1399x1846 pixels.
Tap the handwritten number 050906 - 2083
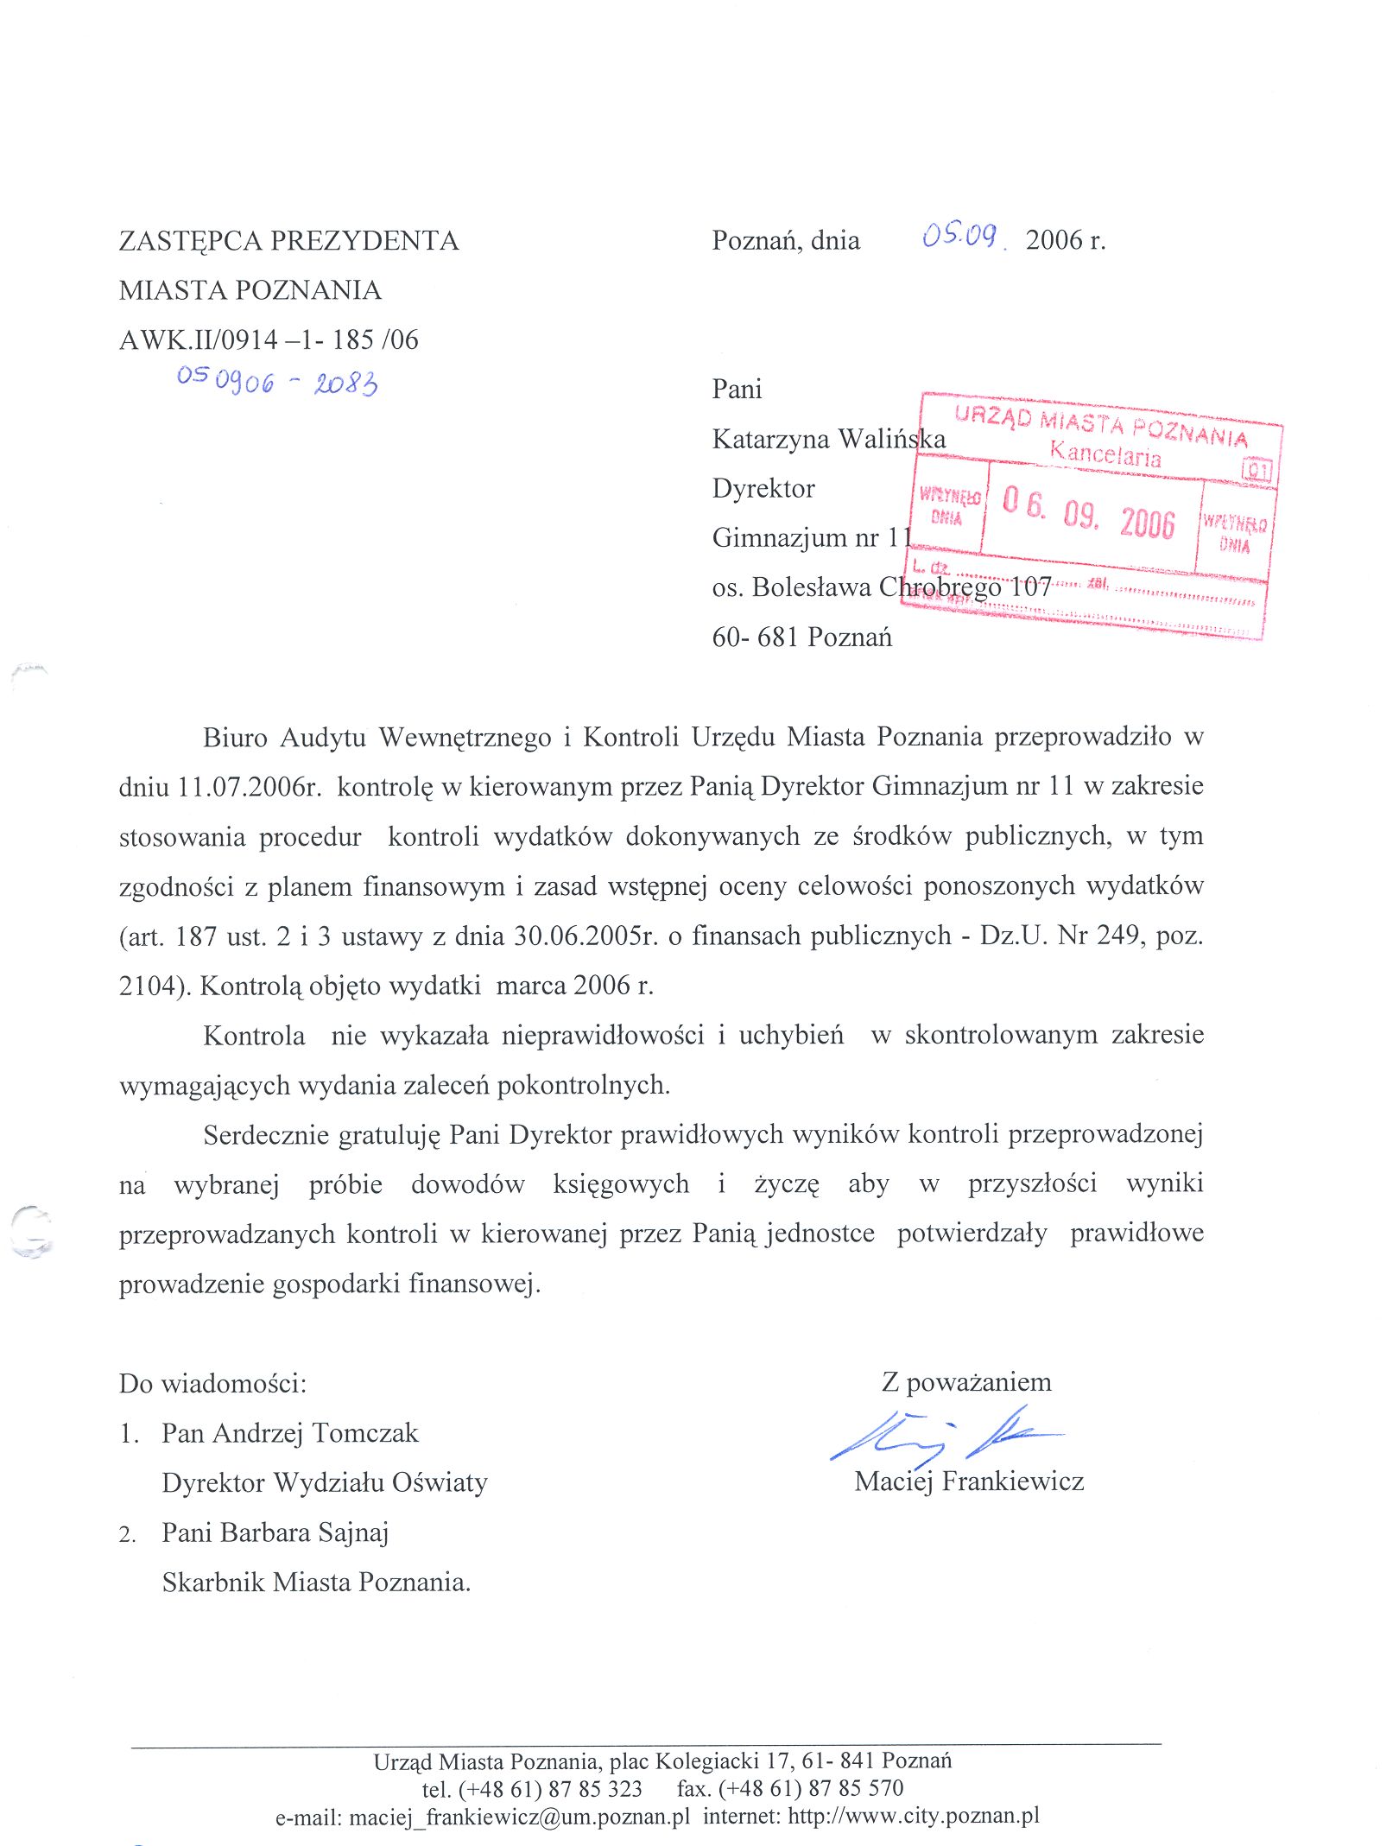pos(277,381)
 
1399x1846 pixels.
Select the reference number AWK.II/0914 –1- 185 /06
pos(269,339)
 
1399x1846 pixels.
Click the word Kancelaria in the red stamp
pos(1105,453)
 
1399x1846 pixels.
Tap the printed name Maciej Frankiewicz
pos(969,1481)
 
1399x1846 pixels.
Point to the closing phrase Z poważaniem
pos(966,1382)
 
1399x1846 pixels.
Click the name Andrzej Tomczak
pos(315,1433)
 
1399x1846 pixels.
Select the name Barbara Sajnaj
pos(305,1532)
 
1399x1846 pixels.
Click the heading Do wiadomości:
pos(212,1384)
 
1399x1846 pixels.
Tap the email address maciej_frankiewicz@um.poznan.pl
pos(519,1817)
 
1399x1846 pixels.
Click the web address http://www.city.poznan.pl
pos(913,1816)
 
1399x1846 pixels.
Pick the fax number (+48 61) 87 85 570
pos(810,1788)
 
